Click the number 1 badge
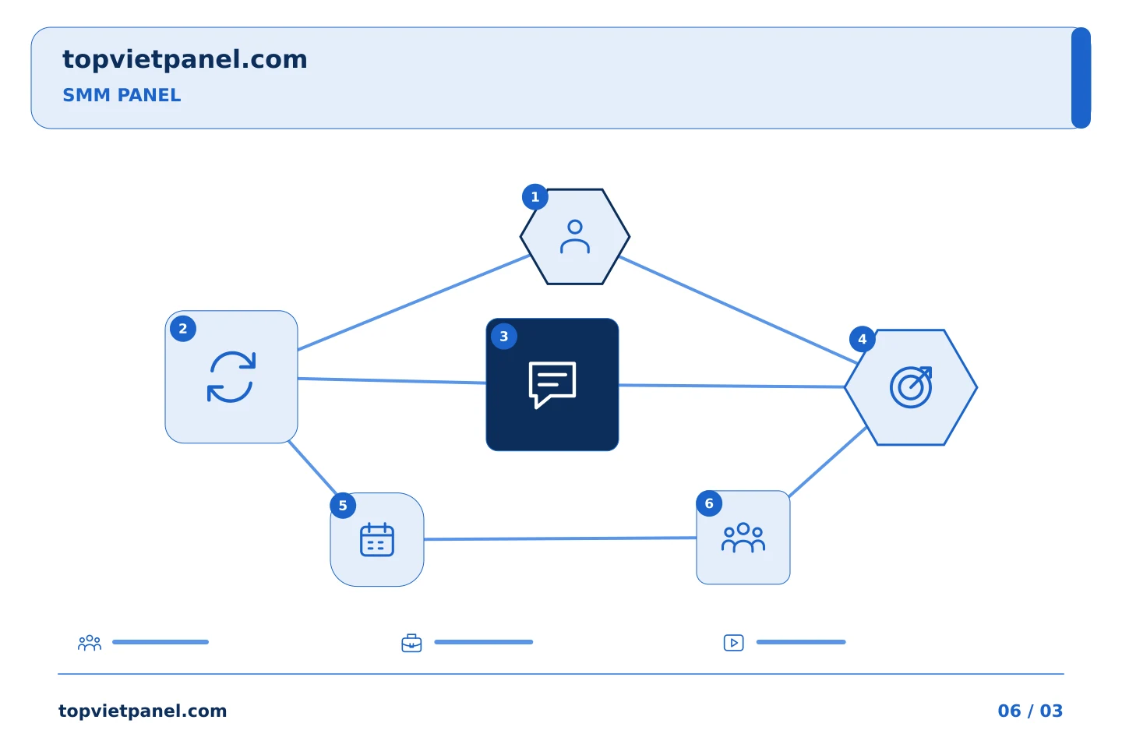pos(535,197)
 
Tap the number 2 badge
pos(183,329)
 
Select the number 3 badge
pos(504,336)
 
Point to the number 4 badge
pos(862,339)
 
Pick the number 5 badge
pos(343,506)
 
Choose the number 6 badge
pos(709,503)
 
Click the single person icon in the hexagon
pos(575,236)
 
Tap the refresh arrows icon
pos(231,377)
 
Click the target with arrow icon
pos(911,386)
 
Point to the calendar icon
pos(377,539)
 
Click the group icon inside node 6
pos(743,537)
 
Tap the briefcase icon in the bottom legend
pos(411,643)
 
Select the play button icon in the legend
pos(733,643)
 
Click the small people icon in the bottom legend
pos(90,642)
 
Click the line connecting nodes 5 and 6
pos(560,538)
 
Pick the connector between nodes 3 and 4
pos(732,386)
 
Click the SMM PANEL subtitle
pos(122,95)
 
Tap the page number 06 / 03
pos(1030,711)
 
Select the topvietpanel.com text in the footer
pos(143,711)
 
